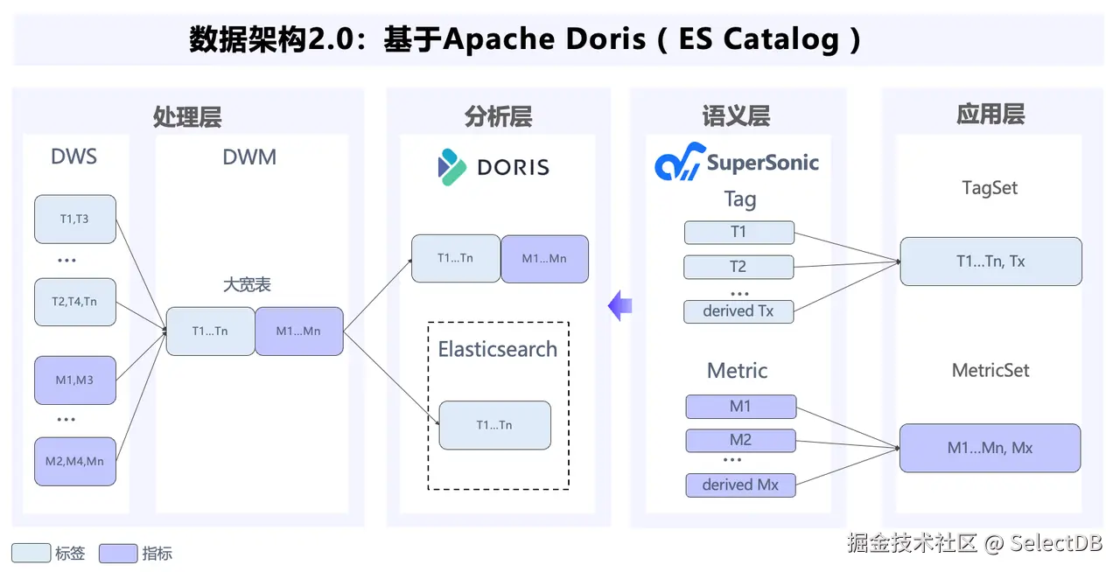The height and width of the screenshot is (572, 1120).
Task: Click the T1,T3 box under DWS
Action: pos(75,219)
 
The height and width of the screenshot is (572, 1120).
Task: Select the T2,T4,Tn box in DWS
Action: pos(75,302)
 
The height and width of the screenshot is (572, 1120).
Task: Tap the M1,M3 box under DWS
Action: pos(75,380)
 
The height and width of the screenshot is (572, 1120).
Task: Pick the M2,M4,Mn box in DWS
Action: pos(75,461)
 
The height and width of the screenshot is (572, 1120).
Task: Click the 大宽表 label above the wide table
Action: pos(247,285)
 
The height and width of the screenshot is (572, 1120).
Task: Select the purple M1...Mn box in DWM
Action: pos(299,331)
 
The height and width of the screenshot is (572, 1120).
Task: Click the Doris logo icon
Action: pos(452,167)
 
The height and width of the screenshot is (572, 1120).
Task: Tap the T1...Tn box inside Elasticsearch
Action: pos(494,425)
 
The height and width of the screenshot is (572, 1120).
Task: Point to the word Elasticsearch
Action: pos(497,350)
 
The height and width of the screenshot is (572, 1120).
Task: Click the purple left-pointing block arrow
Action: pos(620,305)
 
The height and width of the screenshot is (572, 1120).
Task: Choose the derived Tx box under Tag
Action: pos(738,310)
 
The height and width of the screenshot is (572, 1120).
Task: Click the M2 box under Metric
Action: pos(740,440)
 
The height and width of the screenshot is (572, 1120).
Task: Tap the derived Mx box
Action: pos(740,485)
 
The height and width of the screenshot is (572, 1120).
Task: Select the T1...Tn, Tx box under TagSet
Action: pos(990,261)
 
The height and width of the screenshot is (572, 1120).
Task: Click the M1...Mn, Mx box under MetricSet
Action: pos(990,448)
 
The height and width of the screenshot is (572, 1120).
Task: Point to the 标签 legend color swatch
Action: pos(31,553)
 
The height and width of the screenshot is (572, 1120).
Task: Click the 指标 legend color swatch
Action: pos(118,553)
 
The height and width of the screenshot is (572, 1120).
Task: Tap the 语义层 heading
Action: pos(736,116)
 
